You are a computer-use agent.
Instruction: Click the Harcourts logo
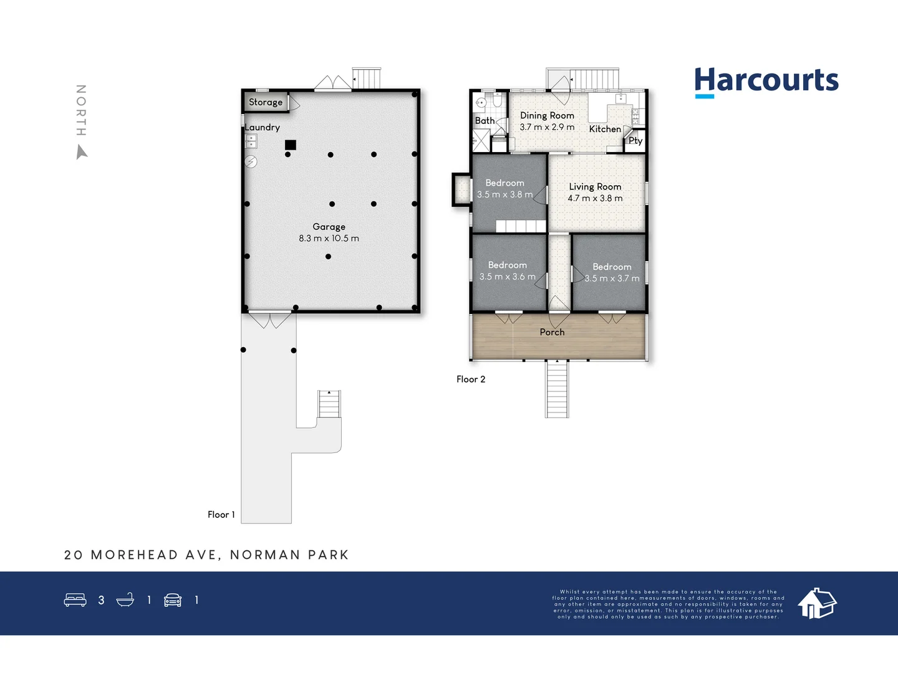[x=766, y=82]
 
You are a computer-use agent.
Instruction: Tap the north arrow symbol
[x=82, y=151]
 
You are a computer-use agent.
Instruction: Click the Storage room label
[x=266, y=102]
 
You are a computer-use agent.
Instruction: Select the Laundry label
[x=262, y=127]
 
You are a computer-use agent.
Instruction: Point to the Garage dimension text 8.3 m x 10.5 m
[x=329, y=238]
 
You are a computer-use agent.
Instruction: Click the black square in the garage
[x=291, y=145]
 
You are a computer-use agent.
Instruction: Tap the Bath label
[x=485, y=121]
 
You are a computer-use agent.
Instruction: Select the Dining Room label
[x=547, y=115]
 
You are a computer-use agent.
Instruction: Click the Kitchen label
[x=605, y=129]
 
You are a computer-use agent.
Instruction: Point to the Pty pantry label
[x=635, y=141]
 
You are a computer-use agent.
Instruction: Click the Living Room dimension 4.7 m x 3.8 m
[x=595, y=198]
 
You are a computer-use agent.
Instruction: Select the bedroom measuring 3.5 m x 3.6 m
[x=508, y=271]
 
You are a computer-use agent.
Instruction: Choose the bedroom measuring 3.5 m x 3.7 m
[x=612, y=273]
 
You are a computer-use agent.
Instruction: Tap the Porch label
[x=552, y=332]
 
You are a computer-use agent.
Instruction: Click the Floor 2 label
[x=471, y=379]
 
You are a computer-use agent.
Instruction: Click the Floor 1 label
[x=221, y=514]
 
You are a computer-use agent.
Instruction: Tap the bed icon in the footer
[x=75, y=600]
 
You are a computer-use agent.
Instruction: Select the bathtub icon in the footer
[x=125, y=600]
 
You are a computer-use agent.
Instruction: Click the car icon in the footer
[x=173, y=600]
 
